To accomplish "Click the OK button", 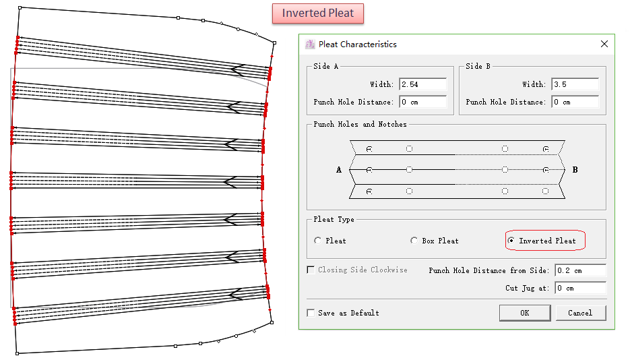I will click(x=524, y=313).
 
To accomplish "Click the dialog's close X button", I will click(x=604, y=44).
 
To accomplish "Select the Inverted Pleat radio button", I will click(x=511, y=241).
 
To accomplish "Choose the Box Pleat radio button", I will click(x=414, y=241).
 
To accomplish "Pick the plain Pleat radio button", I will click(x=318, y=241).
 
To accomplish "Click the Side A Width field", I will click(x=422, y=84).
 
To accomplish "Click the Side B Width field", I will click(x=575, y=84).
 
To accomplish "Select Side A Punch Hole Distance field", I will click(x=422, y=102).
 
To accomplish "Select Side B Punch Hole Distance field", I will click(x=575, y=102).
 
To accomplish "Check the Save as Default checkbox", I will click(x=311, y=313).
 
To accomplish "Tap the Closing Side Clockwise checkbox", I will click(x=311, y=270).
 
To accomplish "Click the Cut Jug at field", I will click(x=580, y=288).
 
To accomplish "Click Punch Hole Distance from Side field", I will click(x=580, y=270).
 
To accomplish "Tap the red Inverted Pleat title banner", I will click(x=317, y=13).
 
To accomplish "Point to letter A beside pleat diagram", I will click(x=339, y=170).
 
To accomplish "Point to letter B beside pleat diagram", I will click(x=575, y=170).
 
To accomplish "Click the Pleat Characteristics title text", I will click(x=357, y=44).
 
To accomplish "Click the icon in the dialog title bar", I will click(x=310, y=44).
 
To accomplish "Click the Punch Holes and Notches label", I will click(x=360, y=124).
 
